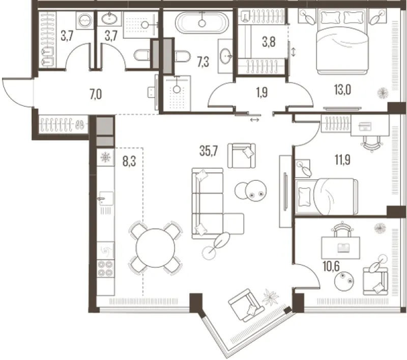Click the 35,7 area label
click(x=209, y=151)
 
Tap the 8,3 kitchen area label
click(x=129, y=161)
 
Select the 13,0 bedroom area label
click(x=342, y=90)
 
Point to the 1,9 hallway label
click(x=262, y=93)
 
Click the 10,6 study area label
click(x=331, y=266)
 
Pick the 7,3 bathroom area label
click(x=203, y=63)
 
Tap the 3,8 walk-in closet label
click(x=269, y=42)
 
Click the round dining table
click(x=155, y=247)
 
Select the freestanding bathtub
click(x=202, y=23)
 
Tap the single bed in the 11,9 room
click(x=327, y=197)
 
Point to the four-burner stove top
click(x=106, y=268)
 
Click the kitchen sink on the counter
click(x=106, y=199)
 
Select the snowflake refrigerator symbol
click(x=106, y=157)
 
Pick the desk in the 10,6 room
click(x=340, y=247)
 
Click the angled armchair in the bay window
click(x=247, y=305)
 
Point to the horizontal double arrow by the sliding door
click(x=254, y=120)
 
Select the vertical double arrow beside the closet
click(x=294, y=52)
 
